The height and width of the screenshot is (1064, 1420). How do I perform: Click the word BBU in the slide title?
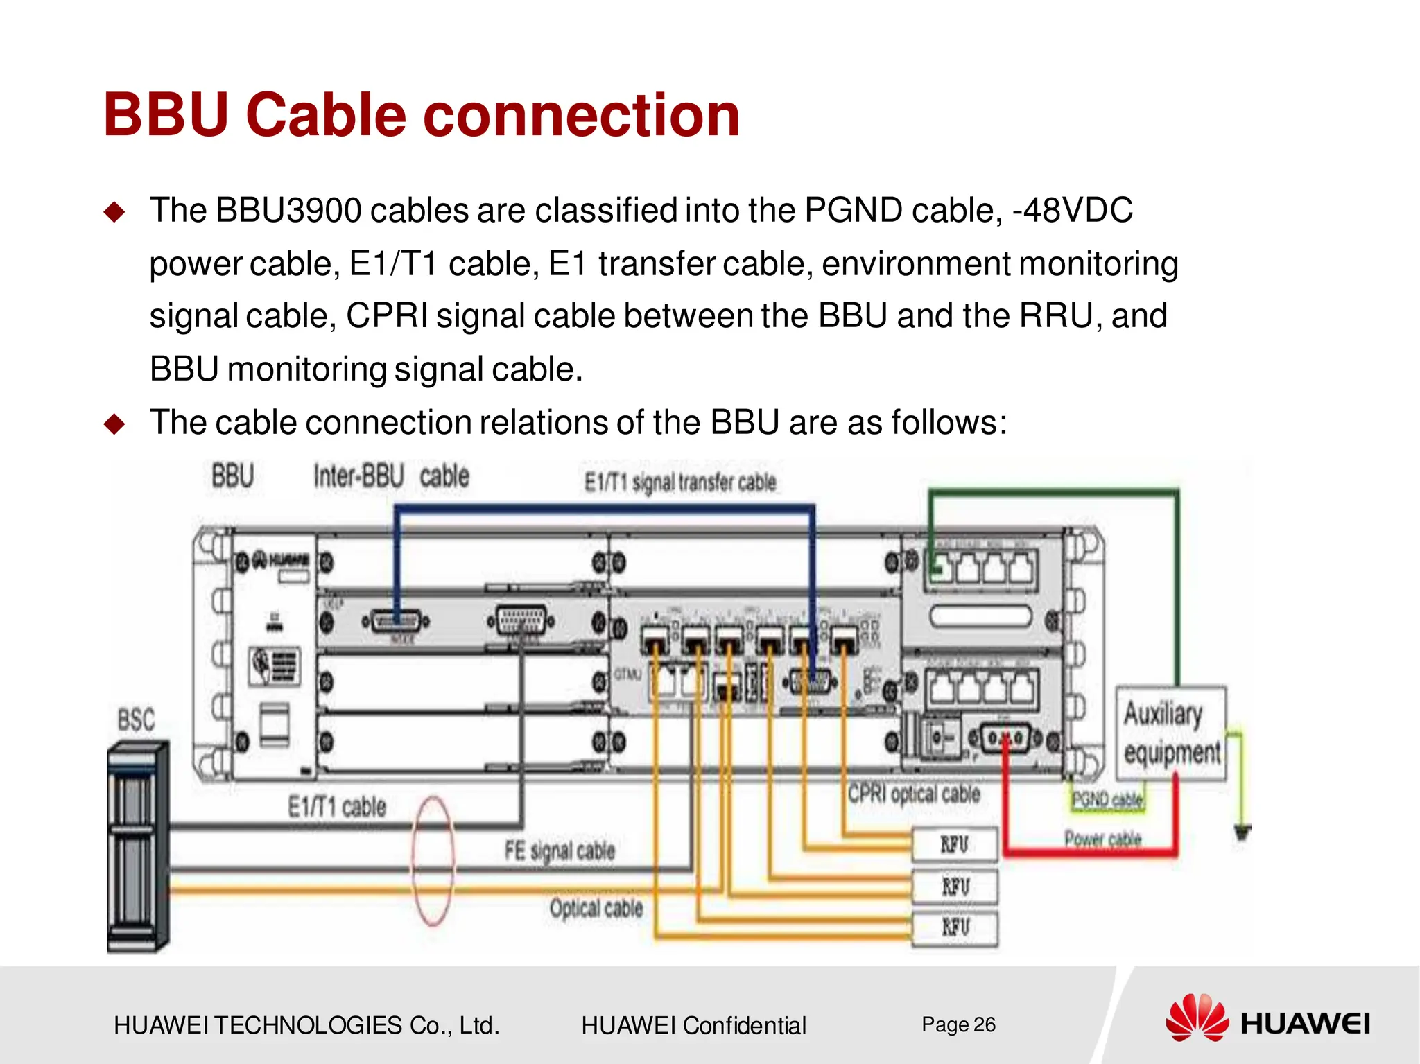[x=166, y=115]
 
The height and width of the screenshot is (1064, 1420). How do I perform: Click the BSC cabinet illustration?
[x=138, y=847]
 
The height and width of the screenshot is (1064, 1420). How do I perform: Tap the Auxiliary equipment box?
[x=1170, y=733]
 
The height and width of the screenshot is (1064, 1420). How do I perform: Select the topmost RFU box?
[x=955, y=844]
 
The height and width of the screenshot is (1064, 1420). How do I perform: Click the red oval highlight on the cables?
[x=433, y=862]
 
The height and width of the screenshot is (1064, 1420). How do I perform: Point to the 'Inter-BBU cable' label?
[x=391, y=477]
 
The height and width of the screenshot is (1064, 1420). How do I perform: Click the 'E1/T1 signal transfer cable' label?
[x=679, y=482]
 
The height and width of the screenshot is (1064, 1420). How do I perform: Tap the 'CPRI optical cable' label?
[x=914, y=794]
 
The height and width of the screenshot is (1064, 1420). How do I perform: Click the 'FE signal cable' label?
[x=560, y=851]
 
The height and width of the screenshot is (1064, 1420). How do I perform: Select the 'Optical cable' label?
[x=596, y=908]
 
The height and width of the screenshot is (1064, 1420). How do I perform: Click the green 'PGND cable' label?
[x=1107, y=800]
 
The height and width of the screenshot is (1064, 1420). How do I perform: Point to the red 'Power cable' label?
[x=1102, y=839]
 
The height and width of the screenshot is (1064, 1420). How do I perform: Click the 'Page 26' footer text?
[x=958, y=1024]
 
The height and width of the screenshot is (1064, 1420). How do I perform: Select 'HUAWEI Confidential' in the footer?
[x=693, y=1025]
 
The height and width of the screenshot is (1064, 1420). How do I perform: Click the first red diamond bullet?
[x=114, y=211]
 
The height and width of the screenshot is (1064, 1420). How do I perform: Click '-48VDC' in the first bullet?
[x=1073, y=210]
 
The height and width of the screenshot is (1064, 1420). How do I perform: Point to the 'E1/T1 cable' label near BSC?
[x=337, y=807]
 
